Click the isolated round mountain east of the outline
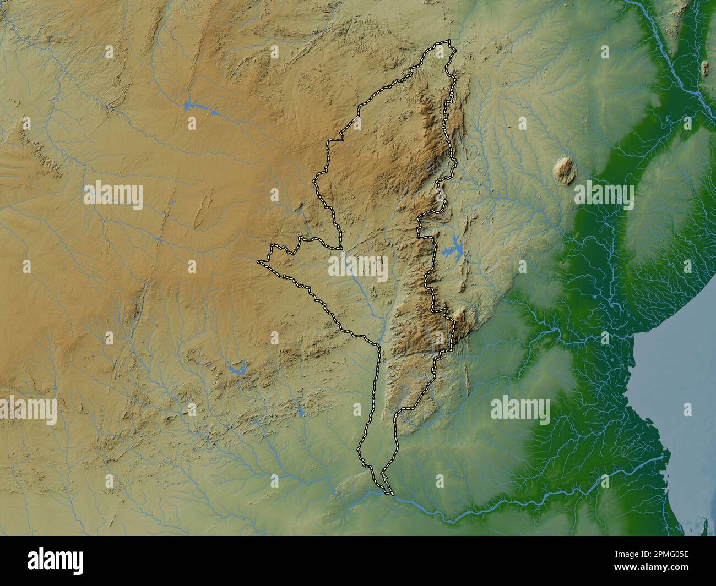coord(563,169)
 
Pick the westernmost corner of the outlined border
coord(258,262)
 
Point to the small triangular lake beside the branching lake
coord(214,113)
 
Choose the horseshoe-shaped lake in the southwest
coord(238,368)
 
